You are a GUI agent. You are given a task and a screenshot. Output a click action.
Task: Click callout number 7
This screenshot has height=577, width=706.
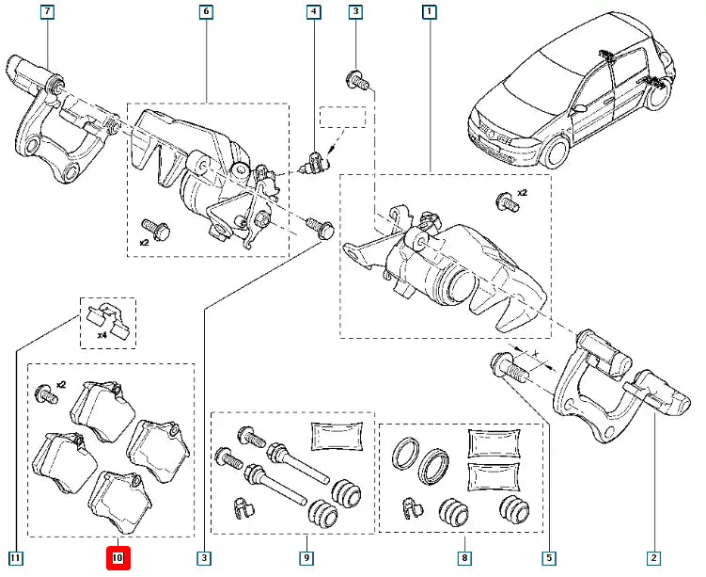[46, 13]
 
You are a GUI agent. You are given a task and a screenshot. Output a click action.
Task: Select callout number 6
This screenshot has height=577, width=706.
[206, 13]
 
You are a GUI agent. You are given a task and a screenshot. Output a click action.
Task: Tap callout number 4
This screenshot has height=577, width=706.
[312, 13]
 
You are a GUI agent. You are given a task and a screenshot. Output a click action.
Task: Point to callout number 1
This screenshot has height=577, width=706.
[429, 13]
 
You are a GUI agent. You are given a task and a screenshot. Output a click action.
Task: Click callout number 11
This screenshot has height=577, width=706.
[15, 558]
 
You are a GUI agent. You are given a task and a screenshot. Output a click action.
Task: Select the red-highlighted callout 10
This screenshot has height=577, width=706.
[118, 558]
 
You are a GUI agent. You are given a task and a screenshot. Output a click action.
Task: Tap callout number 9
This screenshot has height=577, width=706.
[306, 558]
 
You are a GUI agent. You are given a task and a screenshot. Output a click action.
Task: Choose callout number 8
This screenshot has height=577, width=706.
[464, 558]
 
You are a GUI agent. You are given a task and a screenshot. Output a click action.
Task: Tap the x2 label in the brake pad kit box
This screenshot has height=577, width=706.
[61, 384]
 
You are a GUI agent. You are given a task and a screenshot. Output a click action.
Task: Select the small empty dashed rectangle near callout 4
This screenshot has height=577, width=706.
[341, 118]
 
